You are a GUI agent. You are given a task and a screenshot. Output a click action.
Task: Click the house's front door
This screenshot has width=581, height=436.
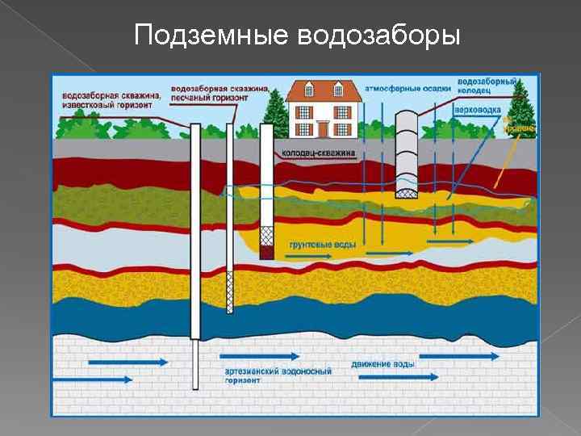click(323, 128)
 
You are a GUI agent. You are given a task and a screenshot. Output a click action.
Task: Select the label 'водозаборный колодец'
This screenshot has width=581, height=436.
click(487, 86)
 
